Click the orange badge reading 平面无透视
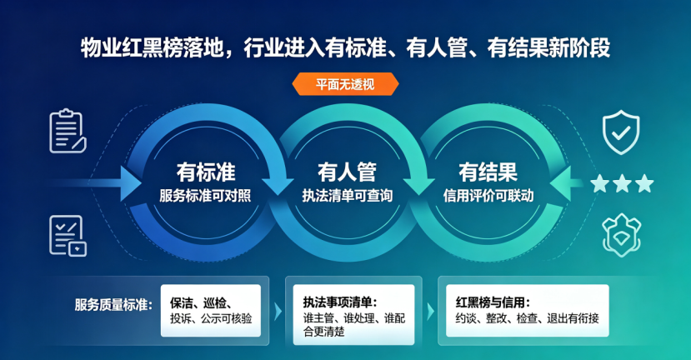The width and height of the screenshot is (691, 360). (345, 83)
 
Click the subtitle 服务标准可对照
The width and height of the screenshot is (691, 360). (205, 196)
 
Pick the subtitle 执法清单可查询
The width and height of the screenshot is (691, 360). (348, 196)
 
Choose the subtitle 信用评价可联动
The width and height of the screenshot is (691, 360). (488, 196)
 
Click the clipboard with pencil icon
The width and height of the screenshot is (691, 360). (68, 132)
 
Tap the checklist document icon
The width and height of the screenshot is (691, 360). (68, 236)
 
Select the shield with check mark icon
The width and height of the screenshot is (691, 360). (621, 132)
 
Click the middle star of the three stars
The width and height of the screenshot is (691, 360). (623, 183)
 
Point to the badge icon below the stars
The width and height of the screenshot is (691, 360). (621, 235)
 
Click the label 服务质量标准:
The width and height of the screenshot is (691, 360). (113, 304)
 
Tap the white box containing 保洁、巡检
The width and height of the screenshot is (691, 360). (211, 311)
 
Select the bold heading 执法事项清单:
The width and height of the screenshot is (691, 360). (340, 302)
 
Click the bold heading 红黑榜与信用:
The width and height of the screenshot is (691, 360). (493, 302)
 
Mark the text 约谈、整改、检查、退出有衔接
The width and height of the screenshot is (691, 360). (527, 318)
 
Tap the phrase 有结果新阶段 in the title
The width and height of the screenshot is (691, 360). (548, 48)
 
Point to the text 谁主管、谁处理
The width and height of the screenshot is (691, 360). (339, 317)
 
